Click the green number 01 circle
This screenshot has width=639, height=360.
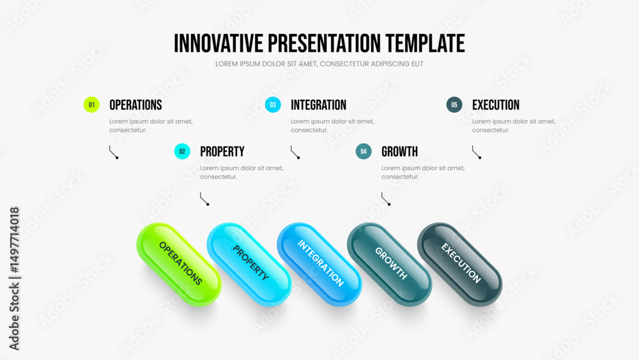click(91, 105)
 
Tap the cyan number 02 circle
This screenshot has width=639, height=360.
click(182, 152)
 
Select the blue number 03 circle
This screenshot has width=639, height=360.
click(273, 105)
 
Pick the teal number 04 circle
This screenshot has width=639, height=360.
click(364, 152)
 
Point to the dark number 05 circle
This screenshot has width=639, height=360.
click(454, 105)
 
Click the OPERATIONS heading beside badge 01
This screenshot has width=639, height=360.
click(135, 106)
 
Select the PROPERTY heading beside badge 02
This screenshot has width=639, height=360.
click(222, 152)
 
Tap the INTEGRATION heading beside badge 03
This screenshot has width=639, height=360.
click(318, 106)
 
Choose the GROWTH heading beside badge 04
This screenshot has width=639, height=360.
click(399, 152)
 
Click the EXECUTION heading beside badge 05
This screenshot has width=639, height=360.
click(496, 106)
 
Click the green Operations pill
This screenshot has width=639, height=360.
click(179, 264)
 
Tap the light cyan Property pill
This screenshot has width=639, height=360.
click(249, 264)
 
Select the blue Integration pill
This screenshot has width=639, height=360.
click(319, 264)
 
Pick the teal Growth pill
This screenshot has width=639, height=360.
click(389, 264)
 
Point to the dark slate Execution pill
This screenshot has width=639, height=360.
click(459, 264)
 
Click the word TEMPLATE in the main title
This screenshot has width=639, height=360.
click(425, 43)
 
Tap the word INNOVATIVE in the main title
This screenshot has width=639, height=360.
click(219, 43)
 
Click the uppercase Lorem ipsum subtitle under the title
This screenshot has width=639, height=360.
click(319, 64)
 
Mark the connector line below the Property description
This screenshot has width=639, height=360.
click(204, 199)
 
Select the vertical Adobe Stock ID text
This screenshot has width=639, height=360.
click(14, 278)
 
